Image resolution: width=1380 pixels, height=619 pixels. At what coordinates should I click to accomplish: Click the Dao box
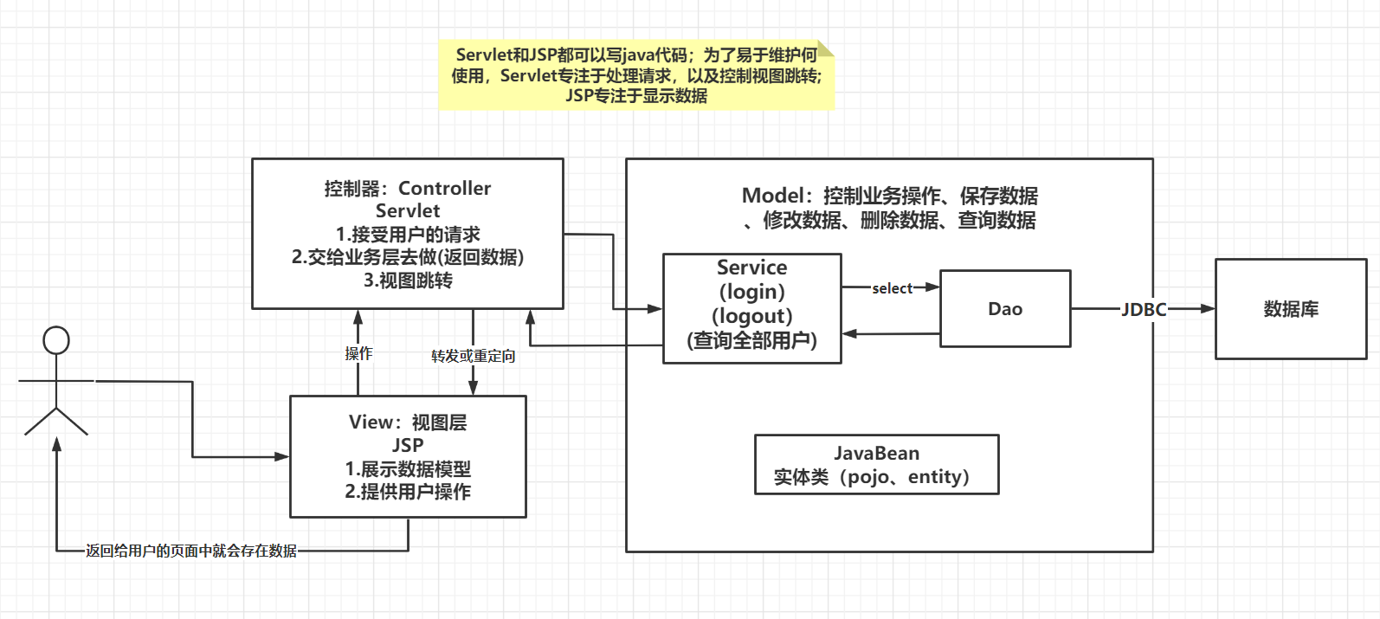coord(1005,309)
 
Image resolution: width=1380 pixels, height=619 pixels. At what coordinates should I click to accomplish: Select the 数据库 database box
coord(1291,309)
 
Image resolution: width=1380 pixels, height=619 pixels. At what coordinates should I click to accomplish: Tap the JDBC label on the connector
coord(1144,309)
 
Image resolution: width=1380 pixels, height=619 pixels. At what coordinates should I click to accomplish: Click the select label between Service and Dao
coord(892,288)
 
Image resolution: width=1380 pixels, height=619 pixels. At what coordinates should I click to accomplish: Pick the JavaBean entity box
coord(876,465)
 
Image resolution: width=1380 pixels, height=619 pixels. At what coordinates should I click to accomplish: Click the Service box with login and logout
coord(751,308)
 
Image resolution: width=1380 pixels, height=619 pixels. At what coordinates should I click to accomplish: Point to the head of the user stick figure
coord(56,340)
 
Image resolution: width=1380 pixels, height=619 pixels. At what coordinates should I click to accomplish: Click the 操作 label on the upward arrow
coord(358,353)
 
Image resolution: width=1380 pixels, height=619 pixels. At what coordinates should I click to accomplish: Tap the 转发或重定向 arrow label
coord(473,356)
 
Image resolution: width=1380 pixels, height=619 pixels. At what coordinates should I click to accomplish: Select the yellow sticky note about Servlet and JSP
coord(636,75)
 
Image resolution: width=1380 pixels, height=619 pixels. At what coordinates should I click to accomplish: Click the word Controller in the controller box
coord(444,188)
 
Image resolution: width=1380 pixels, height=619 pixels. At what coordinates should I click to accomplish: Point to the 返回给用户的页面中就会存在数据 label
coord(190,551)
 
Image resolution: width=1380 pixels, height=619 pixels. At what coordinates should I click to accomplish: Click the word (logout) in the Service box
coord(751,316)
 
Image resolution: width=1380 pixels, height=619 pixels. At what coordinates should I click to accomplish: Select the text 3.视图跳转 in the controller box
coord(408,280)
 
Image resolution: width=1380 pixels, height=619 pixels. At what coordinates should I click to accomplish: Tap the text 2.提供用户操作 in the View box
coord(408,492)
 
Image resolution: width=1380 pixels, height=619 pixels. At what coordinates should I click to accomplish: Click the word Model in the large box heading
coord(771,196)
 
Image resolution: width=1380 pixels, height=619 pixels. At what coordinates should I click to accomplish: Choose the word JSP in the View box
coord(408,445)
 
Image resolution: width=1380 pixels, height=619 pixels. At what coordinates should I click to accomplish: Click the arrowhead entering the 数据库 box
coord(1208,309)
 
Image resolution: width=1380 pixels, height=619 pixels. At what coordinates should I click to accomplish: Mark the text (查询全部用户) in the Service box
coord(751,340)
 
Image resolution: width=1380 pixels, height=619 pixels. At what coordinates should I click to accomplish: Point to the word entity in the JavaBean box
coord(938,477)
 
